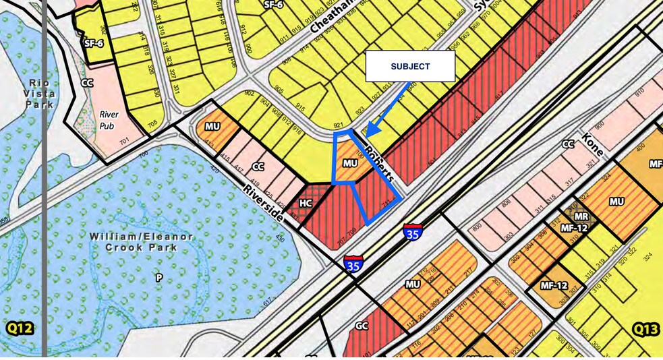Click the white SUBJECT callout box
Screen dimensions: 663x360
coord(410,66)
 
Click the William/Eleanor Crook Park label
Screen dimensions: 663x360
coord(142,242)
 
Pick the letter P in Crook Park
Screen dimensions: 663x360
coord(159,277)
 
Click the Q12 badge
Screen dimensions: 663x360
coord(20,329)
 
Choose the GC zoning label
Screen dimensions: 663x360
coord(362,326)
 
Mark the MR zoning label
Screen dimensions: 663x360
coord(580,217)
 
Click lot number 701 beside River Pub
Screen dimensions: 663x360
coord(124,141)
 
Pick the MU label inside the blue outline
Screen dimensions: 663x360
coord(349,163)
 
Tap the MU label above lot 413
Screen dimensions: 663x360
coord(212,126)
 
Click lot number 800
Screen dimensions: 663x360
coord(478,228)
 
